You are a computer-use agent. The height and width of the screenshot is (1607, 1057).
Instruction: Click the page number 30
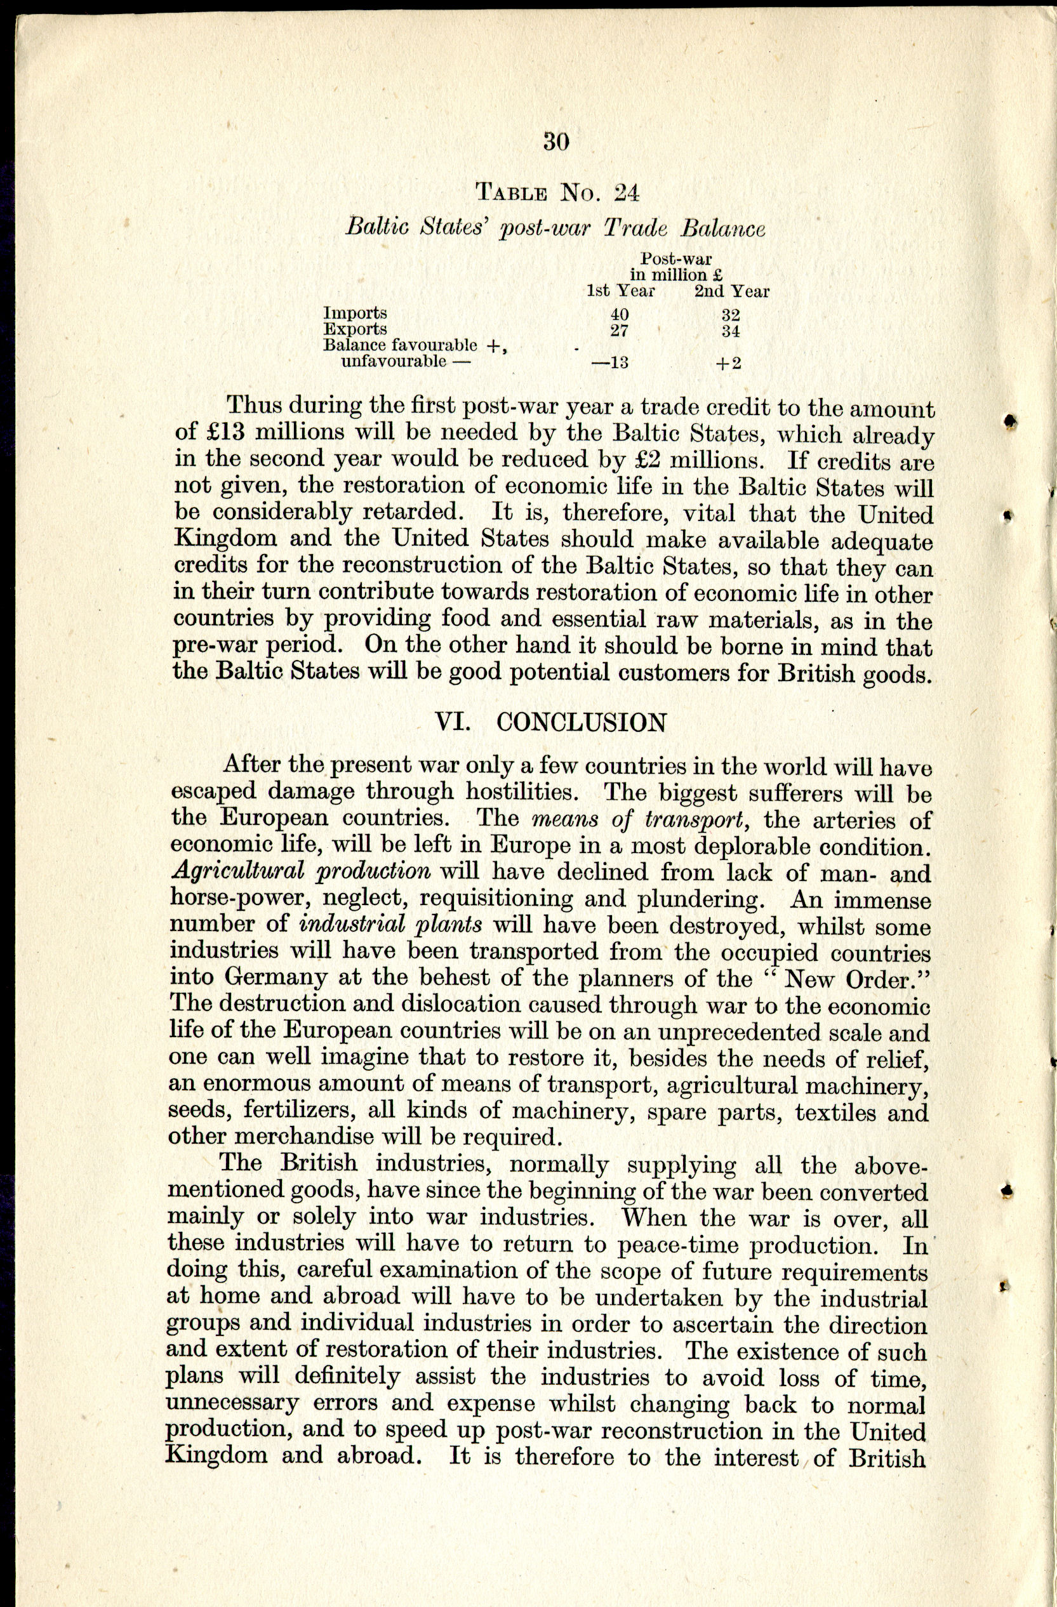[557, 142]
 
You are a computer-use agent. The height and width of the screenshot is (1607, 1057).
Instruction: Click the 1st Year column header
[621, 291]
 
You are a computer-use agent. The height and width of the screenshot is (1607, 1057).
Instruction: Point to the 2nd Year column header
[731, 291]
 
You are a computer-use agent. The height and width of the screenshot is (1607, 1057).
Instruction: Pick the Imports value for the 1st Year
[620, 315]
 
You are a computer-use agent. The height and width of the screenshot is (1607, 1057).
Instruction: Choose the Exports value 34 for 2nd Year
[730, 331]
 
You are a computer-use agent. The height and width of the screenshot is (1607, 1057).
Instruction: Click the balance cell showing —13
[610, 362]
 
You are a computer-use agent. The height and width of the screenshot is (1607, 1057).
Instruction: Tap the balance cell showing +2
[729, 362]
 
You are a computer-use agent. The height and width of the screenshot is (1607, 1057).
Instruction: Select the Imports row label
[356, 314]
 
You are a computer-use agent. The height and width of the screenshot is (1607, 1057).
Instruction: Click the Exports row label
[356, 329]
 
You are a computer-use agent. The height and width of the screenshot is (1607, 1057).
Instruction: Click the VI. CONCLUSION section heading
[550, 722]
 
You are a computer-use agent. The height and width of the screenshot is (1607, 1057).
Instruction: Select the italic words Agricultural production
[301, 871]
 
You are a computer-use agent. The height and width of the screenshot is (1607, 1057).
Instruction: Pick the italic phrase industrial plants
[390, 924]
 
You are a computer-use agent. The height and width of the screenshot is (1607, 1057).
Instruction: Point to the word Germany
[276, 979]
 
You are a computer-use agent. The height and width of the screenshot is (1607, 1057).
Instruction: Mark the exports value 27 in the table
[620, 331]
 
